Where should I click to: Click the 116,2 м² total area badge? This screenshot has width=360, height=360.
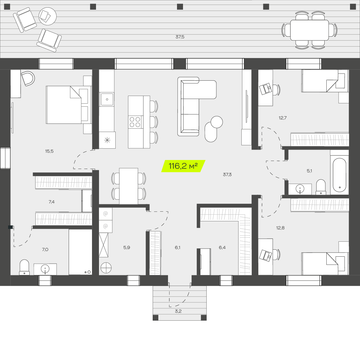click(x=183, y=166)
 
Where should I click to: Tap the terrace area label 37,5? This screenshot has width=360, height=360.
click(x=180, y=37)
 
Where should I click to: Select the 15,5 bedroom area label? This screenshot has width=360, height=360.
click(x=49, y=151)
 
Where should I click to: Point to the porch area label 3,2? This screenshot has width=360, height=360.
click(x=178, y=311)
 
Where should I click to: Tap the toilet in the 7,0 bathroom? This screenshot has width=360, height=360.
click(x=24, y=267)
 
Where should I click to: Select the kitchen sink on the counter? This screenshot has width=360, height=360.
click(x=107, y=99)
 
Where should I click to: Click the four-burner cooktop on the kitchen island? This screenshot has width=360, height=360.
click(x=135, y=122)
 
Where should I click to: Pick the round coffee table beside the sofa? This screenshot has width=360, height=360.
click(x=217, y=122)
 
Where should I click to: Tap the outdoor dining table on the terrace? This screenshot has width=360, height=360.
click(x=309, y=30)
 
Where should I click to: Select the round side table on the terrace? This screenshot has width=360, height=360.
click(x=48, y=16)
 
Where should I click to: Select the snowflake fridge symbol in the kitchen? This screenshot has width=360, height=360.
click(x=107, y=140)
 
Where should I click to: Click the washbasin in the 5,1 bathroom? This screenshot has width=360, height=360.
click(x=300, y=189)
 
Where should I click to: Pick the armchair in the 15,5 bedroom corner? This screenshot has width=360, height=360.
click(x=28, y=78)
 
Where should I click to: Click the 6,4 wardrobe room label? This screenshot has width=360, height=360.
click(x=222, y=247)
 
